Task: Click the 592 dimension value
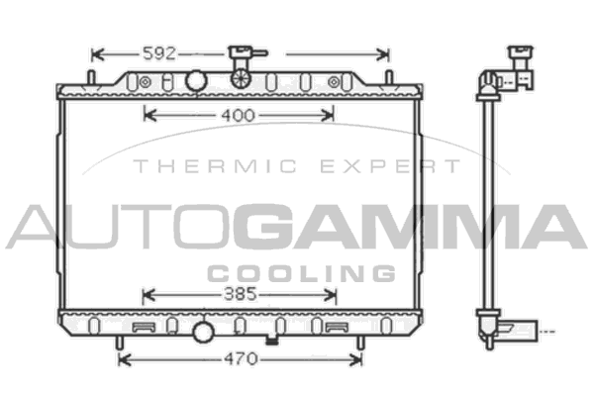159,53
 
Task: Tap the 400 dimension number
238,115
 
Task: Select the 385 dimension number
241,294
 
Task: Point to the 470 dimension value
241,358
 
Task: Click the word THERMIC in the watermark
215,166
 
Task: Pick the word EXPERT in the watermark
390,166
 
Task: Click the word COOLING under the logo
302,273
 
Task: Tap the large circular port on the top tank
196,80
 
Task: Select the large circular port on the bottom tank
204,332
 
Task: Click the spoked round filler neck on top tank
241,78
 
